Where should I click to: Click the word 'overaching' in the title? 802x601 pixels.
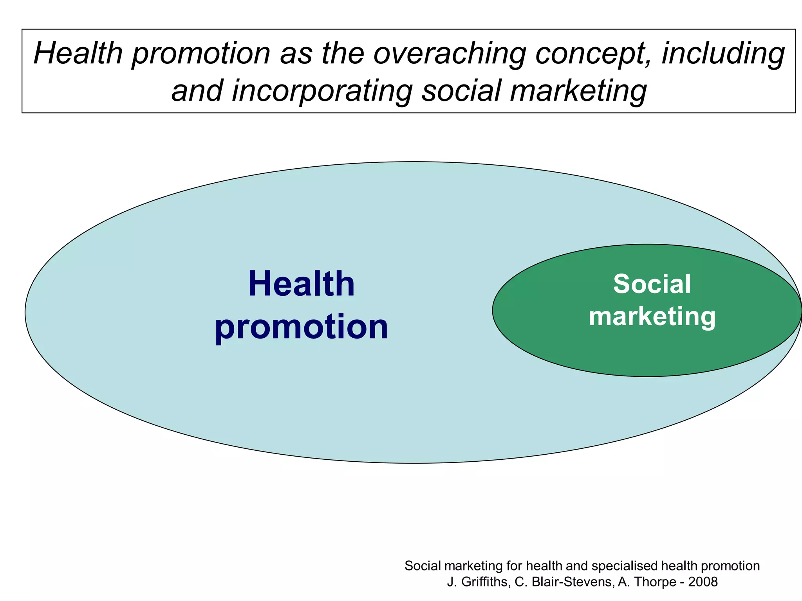tap(450, 54)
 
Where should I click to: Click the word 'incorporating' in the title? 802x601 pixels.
tap(322, 91)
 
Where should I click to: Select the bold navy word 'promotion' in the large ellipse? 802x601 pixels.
tap(301, 327)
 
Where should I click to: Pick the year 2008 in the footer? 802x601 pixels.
tap(703, 582)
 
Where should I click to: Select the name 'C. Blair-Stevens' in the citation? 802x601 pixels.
tap(564, 582)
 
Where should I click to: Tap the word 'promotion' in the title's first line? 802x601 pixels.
tap(201, 54)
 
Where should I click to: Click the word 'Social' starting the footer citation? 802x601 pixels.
tap(424, 566)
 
